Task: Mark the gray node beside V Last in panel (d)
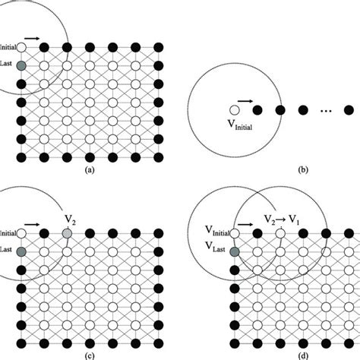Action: tap(235, 250)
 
